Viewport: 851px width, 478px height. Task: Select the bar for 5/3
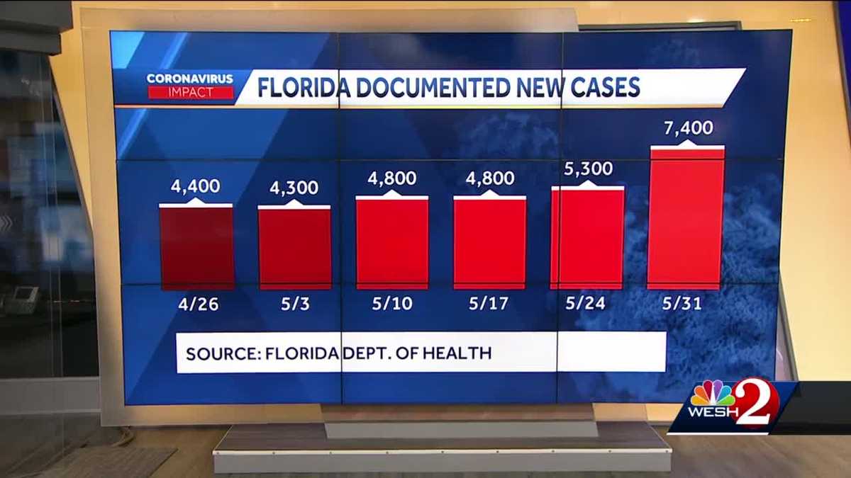pos(294,248)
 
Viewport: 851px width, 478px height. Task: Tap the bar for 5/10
pos(392,243)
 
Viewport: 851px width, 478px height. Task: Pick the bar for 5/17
pos(489,243)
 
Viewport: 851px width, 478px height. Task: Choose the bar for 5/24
pos(587,238)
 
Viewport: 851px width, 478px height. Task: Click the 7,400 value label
pos(688,129)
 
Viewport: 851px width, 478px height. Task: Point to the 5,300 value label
pos(589,169)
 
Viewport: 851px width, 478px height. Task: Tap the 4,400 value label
pos(195,187)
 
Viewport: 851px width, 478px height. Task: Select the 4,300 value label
pos(294,188)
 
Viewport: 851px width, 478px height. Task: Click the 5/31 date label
pos(686,305)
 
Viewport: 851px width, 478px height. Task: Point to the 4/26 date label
pos(196,305)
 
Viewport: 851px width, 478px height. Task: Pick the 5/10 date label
pos(392,305)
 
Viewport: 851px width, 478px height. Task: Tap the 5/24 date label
pos(588,305)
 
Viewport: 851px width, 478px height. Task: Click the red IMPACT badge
pos(190,92)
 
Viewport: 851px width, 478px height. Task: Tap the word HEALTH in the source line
pos(459,353)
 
